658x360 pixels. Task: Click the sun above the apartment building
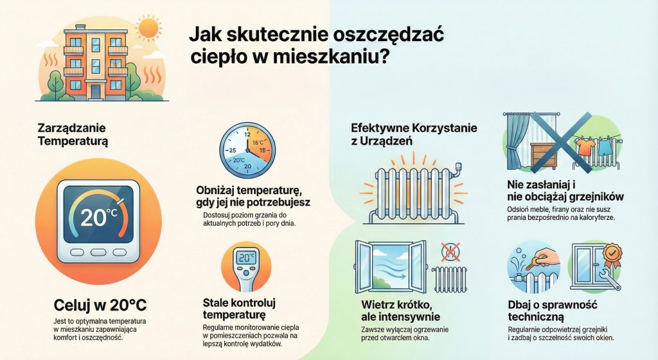coord(149,28)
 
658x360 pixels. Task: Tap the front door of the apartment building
coord(96,92)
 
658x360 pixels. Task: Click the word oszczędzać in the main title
coord(389,35)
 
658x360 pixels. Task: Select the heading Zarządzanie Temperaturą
coord(73,134)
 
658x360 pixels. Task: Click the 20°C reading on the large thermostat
coord(98,217)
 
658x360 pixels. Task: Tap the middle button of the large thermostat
coord(98,252)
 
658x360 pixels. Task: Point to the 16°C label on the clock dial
coord(258,143)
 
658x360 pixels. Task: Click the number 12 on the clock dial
coord(247,135)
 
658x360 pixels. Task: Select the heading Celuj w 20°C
coord(100,305)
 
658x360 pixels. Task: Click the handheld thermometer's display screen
coord(246,258)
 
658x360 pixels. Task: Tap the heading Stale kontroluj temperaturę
coord(239,309)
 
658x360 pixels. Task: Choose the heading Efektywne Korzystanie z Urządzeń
coord(414,134)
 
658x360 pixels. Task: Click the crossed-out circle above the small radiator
coord(450,252)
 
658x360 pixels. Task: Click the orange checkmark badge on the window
coord(612,254)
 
